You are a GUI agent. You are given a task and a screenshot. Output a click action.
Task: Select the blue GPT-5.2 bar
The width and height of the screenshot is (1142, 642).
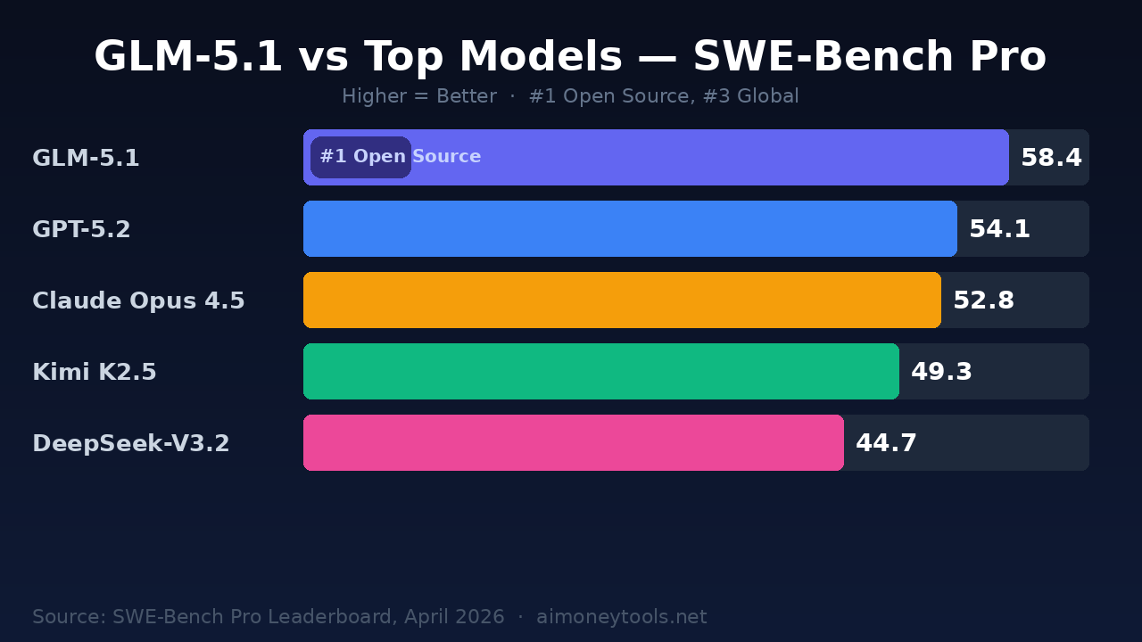[630, 229]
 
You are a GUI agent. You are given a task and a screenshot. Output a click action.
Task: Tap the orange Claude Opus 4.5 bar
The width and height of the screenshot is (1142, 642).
[622, 300]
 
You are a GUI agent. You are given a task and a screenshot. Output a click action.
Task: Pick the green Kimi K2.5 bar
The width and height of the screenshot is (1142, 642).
[600, 372]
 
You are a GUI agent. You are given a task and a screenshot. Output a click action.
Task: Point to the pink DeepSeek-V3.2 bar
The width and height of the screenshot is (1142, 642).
[573, 443]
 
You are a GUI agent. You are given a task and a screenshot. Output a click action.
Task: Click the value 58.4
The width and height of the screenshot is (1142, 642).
[1051, 159]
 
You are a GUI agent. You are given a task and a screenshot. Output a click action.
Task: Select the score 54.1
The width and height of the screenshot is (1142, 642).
[999, 230]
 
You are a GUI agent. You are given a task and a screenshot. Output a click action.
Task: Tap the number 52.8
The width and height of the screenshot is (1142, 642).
[983, 301]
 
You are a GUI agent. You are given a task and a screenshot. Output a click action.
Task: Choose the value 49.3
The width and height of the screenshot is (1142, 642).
[941, 373]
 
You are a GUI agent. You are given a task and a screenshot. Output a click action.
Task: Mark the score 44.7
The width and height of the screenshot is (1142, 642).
[886, 444]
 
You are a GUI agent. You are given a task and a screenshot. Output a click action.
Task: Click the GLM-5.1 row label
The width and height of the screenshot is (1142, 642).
[86, 159]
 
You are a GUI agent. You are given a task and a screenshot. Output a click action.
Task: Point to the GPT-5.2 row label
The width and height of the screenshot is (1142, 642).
[81, 230]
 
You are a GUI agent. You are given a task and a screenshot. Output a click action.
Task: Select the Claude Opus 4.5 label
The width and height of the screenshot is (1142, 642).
[138, 301]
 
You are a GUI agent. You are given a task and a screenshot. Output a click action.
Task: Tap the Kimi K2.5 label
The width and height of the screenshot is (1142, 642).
[95, 373]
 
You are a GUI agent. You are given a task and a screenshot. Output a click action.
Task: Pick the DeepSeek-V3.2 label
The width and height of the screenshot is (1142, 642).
[131, 444]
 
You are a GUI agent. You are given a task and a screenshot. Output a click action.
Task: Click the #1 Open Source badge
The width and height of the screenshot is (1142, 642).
[361, 158]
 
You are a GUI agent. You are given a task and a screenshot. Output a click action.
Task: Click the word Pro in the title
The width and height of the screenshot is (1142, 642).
[1006, 58]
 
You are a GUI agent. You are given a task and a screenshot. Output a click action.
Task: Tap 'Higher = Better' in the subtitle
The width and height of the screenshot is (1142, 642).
[418, 96]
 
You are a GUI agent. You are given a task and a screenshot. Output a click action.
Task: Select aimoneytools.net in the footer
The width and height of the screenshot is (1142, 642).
[621, 617]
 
